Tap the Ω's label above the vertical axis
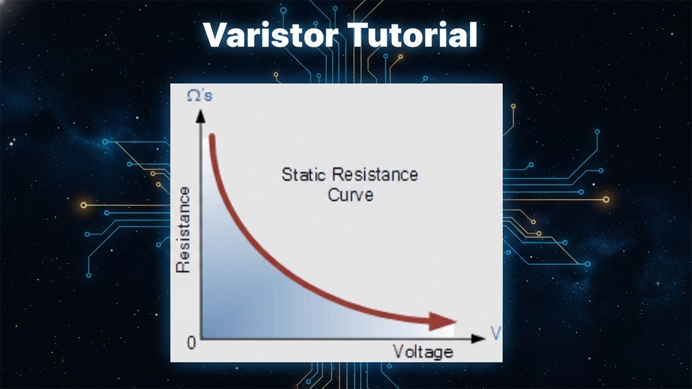pyautogui.click(x=199, y=96)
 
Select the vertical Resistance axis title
pyautogui.click(x=184, y=230)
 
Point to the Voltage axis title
pyautogui.click(x=423, y=352)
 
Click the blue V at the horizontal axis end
pyautogui.click(x=495, y=333)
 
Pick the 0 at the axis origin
pyautogui.click(x=191, y=343)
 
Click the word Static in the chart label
pyautogui.click(x=304, y=175)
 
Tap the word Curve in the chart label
pyautogui.click(x=350, y=194)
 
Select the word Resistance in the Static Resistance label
pyautogui.click(x=375, y=175)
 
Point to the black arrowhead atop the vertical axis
pyautogui.click(x=201, y=116)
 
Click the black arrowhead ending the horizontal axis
pyautogui.click(x=478, y=339)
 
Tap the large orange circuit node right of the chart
pyautogui.click(x=606, y=199)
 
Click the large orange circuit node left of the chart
pyautogui.click(x=83, y=205)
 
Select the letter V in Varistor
pyautogui.click(x=215, y=35)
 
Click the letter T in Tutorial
pyautogui.click(x=359, y=35)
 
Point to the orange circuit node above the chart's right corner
pyautogui.click(x=513, y=106)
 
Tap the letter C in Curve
pyautogui.click(x=334, y=194)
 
